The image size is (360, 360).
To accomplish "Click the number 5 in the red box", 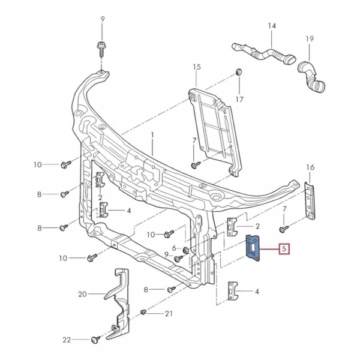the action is pyautogui.click(x=284, y=248).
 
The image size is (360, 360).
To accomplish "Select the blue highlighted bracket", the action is pyautogui.click(x=253, y=248).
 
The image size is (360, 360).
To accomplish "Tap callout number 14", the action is pyautogui.click(x=272, y=26).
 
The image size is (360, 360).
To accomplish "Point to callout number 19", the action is pyautogui.click(x=310, y=38).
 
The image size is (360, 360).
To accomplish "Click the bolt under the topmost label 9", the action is pyautogui.click(x=101, y=49).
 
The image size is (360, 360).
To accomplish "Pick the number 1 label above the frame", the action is pyautogui.click(x=152, y=135).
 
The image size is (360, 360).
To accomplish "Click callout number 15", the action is pyautogui.click(x=197, y=67).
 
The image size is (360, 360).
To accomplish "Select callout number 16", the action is pyautogui.click(x=310, y=167).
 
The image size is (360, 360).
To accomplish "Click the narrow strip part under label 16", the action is pyautogui.click(x=310, y=200).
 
